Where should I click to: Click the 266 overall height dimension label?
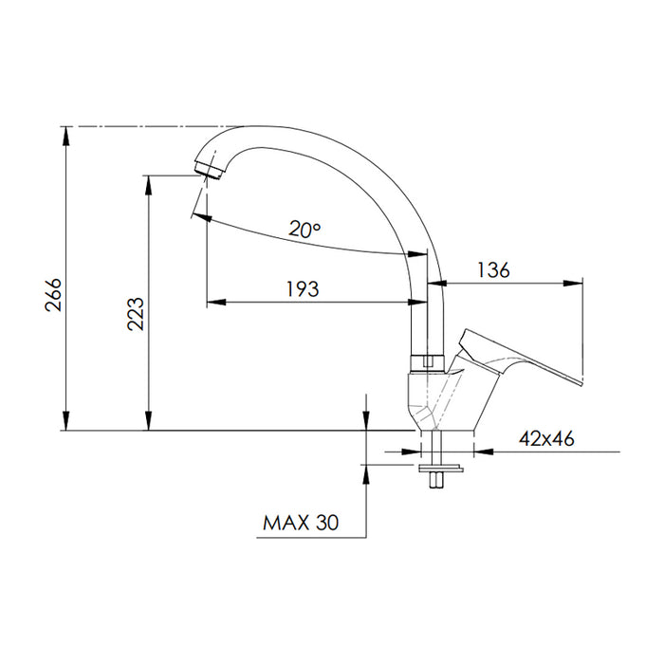(54, 295)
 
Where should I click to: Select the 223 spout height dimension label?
(136, 314)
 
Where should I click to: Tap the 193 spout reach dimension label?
(303, 288)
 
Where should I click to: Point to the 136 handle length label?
(493, 269)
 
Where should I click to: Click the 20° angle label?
(304, 230)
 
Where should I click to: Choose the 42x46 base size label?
(546, 438)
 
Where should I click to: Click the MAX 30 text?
(301, 523)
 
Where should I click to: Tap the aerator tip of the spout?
(209, 169)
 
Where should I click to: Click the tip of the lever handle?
(580, 382)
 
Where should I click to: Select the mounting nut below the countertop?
(440, 469)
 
